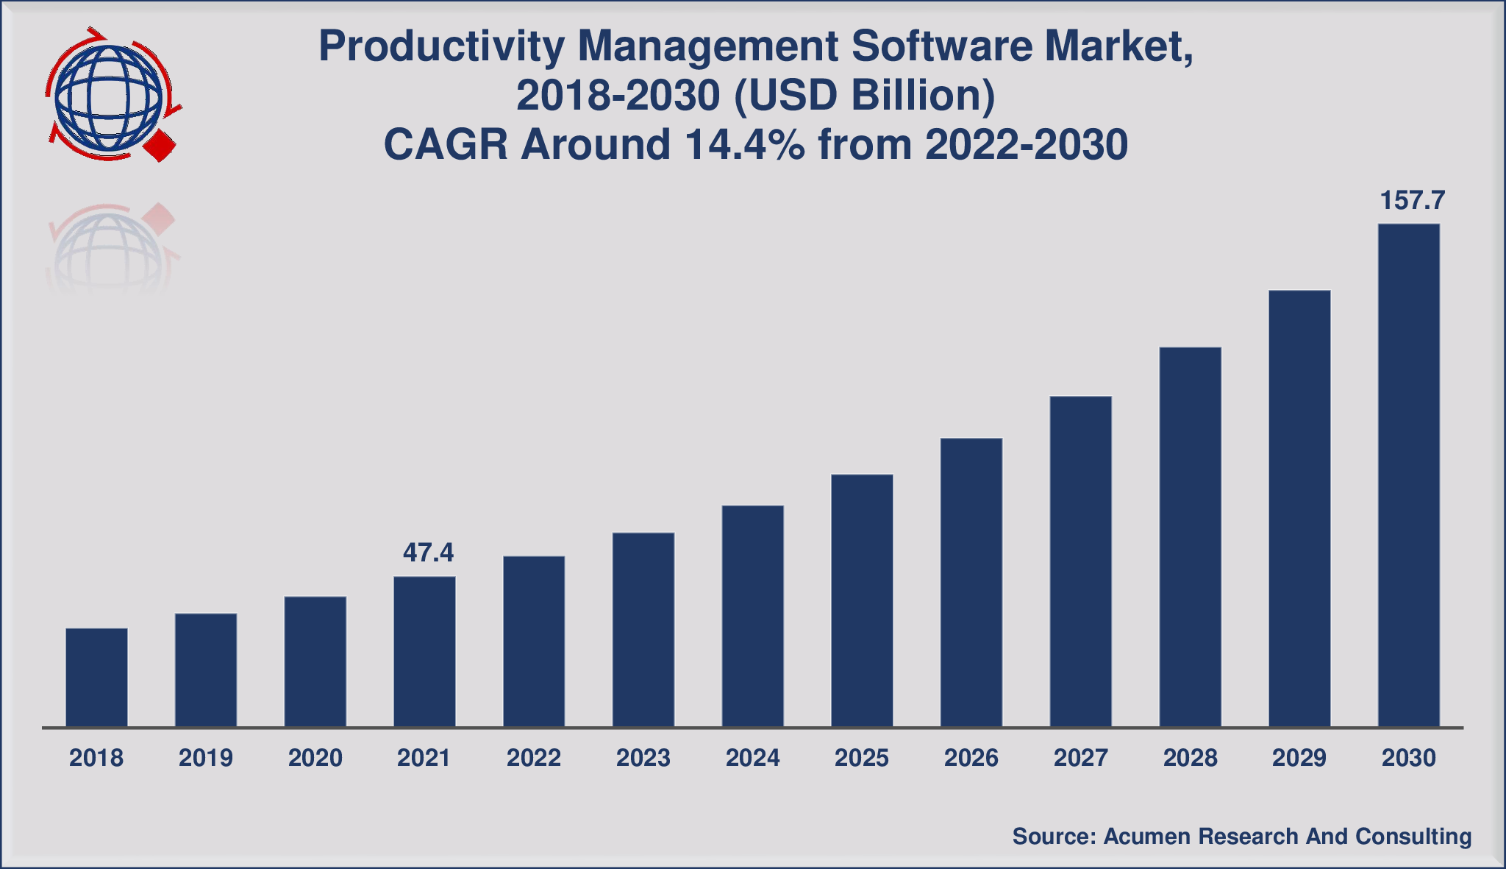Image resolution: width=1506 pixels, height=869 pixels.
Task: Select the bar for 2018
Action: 96,677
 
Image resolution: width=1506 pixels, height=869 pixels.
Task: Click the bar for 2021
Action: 424,651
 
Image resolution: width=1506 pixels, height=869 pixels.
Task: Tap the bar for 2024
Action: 752,616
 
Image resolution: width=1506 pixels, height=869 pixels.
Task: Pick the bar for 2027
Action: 1080,561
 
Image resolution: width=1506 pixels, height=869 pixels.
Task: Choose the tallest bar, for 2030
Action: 1408,475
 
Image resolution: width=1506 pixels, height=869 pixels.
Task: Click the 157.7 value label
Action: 1413,200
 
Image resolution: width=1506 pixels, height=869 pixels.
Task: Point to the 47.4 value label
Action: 428,552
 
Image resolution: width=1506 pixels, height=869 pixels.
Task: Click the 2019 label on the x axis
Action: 206,758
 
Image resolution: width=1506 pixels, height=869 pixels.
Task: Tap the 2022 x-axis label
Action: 534,758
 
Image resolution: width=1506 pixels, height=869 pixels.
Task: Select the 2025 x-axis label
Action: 862,758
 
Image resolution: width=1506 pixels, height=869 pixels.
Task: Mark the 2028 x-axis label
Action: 1190,758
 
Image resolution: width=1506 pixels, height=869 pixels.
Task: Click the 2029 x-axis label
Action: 1299,758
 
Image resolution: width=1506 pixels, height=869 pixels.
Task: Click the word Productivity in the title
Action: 441,47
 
